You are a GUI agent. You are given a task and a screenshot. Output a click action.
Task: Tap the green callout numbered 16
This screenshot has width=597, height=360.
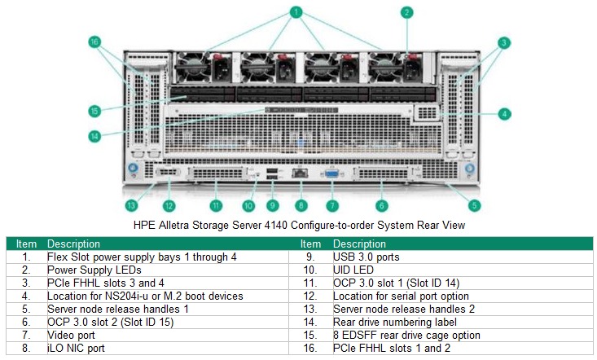[95, 42]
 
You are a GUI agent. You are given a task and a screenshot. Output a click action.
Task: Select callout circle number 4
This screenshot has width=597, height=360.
[505, 114]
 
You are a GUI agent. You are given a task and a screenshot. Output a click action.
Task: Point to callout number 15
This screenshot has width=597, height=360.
[95, 110]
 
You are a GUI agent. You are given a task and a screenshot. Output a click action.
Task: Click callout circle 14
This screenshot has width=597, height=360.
[95, 136]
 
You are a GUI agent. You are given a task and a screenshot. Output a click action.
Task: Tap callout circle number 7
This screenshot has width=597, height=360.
[331, 205]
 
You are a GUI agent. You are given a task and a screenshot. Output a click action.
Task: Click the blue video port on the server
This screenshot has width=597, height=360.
[331, 173]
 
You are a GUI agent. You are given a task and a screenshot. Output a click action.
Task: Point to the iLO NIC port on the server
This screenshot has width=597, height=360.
[301, 173]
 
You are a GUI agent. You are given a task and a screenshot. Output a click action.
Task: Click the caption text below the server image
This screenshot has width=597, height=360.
[298, 224]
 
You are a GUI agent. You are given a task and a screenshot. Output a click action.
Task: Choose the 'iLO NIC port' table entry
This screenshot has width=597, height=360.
[78, 348]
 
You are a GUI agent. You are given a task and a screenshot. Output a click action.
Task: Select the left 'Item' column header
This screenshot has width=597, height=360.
[27, 244]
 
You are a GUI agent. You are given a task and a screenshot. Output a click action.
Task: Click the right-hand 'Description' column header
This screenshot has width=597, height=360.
[359, 244]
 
